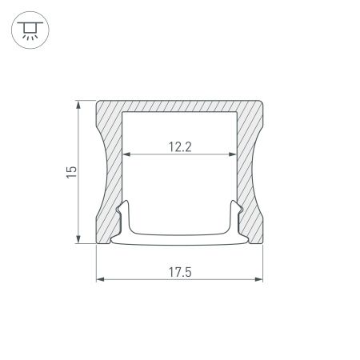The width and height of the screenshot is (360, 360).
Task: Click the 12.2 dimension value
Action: pos(179,146)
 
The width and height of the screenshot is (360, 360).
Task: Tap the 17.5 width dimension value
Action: pos(179,270)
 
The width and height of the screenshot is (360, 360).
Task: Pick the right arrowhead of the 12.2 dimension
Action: pos(235,154)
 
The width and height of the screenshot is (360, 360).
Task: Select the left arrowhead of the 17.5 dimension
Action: pos(98,279)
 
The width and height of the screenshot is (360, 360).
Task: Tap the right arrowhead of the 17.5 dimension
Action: pos(262,279)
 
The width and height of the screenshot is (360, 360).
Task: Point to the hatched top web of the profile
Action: pos(180,107)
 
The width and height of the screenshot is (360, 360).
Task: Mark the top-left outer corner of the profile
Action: pos(97,102)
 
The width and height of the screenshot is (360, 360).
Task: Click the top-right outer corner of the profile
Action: pos(264,102)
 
